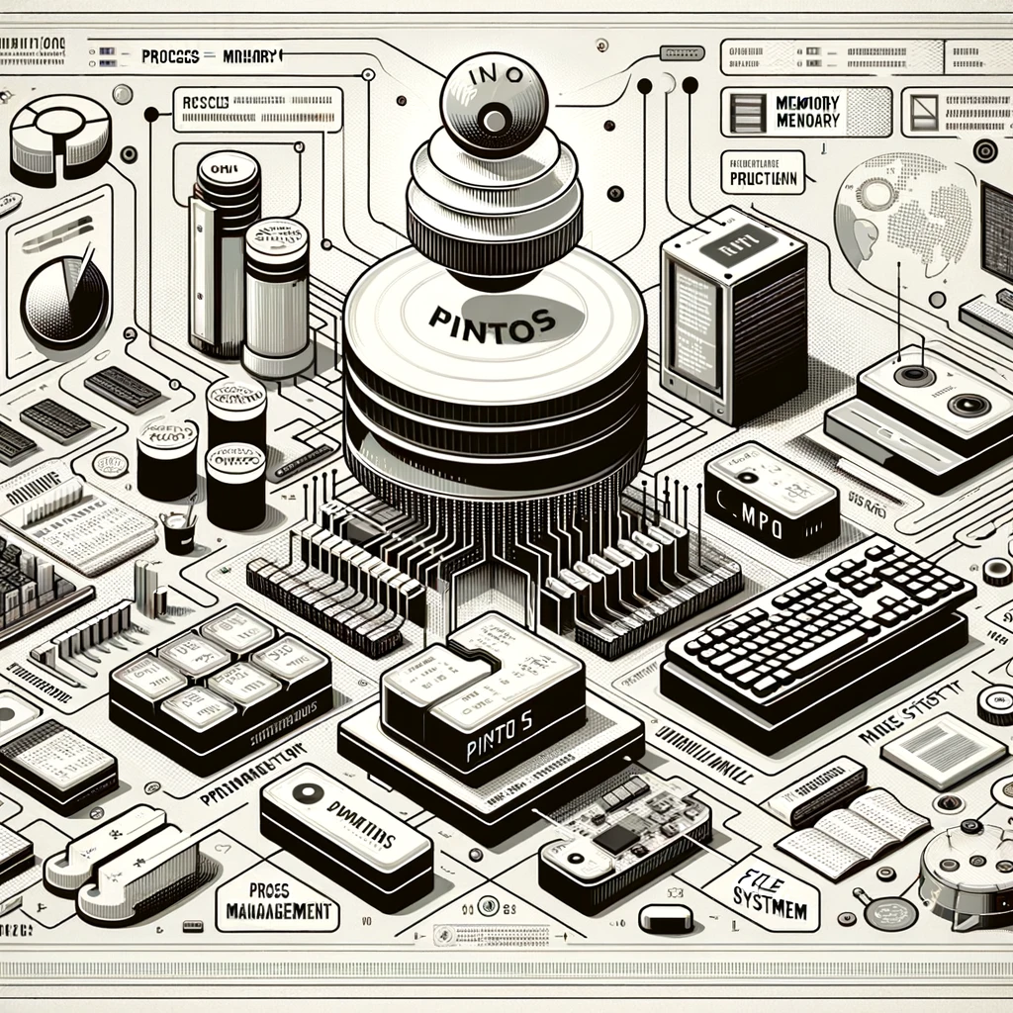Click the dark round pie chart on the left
(65, 298)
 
